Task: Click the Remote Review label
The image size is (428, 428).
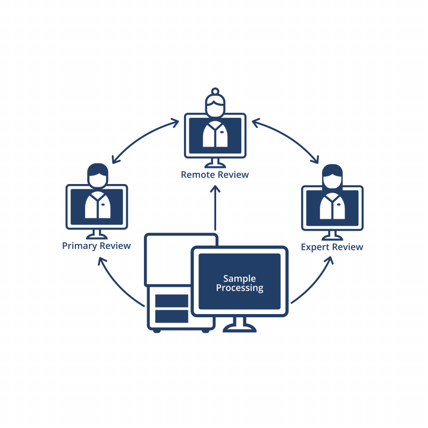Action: pos(215,175)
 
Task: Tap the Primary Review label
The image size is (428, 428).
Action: pos(96,246)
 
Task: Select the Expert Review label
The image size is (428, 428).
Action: pos(332,247)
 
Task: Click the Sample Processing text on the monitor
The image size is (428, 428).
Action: pos(240,283)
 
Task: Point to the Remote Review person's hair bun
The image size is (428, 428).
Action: pos(215,91)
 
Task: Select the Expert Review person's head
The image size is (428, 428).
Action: pos(332,178)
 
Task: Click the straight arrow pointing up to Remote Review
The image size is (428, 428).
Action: pos(215,209)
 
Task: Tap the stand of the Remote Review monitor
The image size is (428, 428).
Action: pos(215,163)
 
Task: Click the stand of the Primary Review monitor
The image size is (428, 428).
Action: pos(97,234)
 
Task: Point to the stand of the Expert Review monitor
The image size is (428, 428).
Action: pos(332,235)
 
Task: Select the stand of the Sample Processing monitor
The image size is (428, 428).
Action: pos(239,323)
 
